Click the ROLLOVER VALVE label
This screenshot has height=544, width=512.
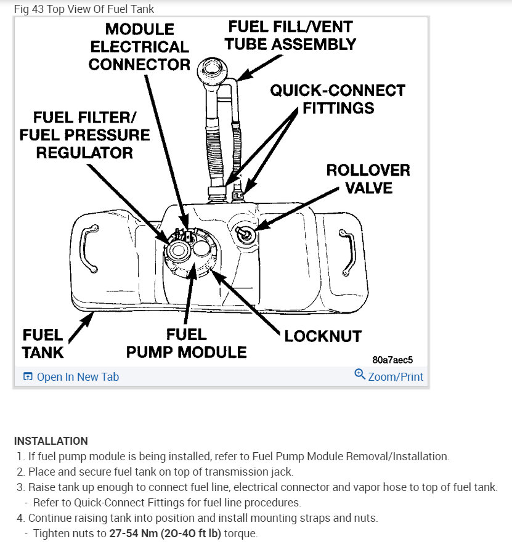[368, 178]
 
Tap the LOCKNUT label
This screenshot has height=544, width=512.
[322, 336]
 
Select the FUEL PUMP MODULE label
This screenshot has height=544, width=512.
[186, 343]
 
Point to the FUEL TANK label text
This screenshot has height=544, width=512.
[43, 343]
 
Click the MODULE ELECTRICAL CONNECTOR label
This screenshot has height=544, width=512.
[139, 47]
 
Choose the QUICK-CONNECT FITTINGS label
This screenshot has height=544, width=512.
[338, 99]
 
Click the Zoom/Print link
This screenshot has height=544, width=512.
[389, 376]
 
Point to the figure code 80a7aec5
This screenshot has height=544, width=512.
[392, 359]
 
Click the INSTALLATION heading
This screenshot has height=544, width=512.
[51, 441]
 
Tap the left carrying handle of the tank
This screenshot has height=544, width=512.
[89, 247]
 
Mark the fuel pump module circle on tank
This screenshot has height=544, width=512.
[190, 256]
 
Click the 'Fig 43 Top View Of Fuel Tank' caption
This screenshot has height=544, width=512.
[84, 9]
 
